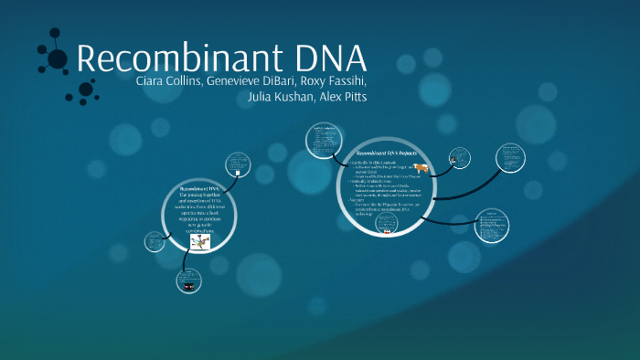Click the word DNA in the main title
320,58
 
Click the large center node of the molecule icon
57,59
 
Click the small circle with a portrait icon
458,160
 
